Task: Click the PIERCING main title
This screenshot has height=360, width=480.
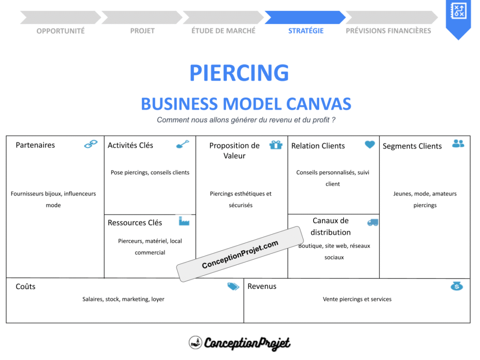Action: click(239, 73)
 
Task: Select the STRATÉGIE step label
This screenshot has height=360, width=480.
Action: click(306, 31)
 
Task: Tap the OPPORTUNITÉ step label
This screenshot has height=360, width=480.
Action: click(60, 31)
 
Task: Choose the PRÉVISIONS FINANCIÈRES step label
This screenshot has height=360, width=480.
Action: click(388, 31)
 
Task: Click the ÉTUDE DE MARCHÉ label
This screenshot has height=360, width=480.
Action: click(224, 31)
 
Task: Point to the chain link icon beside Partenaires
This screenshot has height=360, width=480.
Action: click(90, 144)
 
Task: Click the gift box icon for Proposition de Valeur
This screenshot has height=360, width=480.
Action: click(276, 144)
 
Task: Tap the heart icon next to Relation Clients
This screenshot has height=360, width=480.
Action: click(370, 144)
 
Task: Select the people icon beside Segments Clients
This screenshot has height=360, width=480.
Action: click(458, 143)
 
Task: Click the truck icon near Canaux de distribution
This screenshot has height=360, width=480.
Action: click(373, 222)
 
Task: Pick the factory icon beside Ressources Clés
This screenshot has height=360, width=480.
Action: click(184, 221)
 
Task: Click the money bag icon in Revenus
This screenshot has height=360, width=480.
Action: click(456, 285)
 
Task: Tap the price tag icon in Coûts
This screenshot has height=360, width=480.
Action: click(233, 286)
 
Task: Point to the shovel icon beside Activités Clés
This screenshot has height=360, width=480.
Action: click(182, 144)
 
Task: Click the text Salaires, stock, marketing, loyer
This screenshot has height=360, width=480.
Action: click(123, 299)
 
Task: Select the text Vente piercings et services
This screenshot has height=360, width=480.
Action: click(357, 299)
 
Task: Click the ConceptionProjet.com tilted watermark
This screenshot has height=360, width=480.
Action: click(240, 255)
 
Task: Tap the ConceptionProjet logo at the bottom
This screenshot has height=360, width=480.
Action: click(240, 343)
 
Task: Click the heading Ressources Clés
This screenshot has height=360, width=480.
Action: click(135, 223)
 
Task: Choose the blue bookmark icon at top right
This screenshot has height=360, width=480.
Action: click(457, 16)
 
